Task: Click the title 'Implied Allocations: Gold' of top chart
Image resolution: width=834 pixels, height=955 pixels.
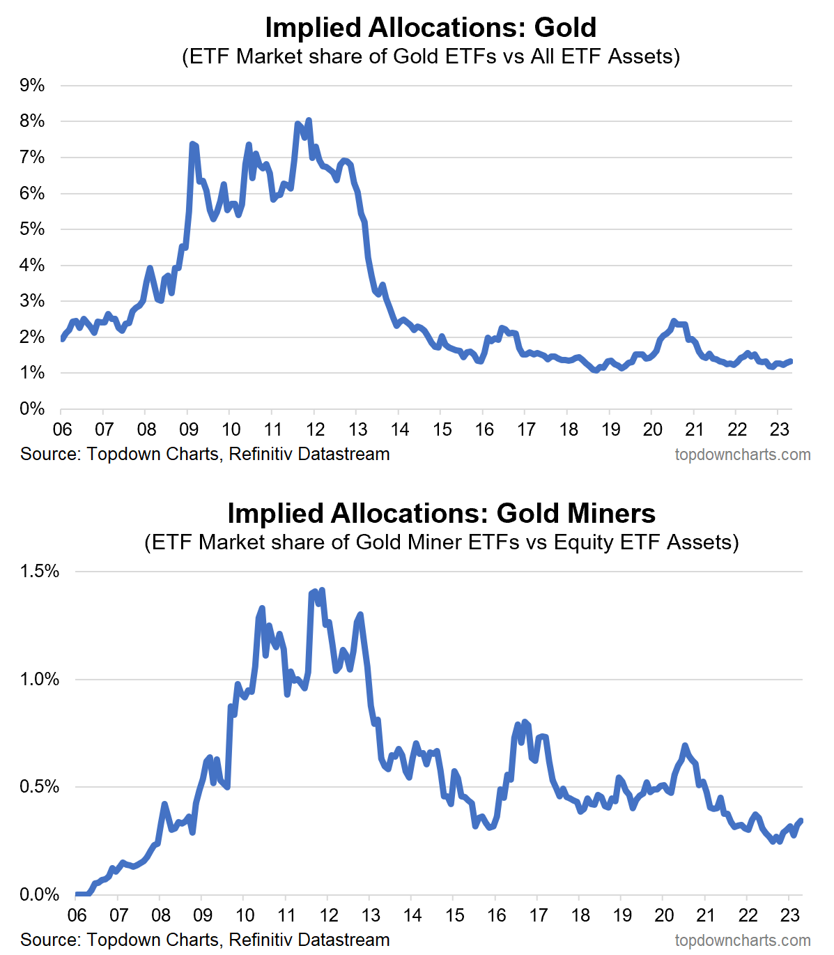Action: (431, 28)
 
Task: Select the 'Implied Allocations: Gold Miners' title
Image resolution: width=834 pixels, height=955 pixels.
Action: (441, 514)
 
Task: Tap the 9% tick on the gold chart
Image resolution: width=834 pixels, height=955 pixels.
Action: (33, 86)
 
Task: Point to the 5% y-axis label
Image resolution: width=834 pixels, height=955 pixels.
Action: (33, 229)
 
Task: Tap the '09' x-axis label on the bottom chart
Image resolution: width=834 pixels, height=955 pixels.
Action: (202, 915)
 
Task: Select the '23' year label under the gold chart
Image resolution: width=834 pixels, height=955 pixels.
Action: (779, 429)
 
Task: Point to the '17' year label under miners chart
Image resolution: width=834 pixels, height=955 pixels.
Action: (538, 915)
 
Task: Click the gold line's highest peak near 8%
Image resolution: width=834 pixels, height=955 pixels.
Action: (309, 121)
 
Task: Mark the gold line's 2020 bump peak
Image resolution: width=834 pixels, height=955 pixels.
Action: (673, 321)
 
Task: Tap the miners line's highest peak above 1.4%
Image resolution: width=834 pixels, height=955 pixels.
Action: (321, 590)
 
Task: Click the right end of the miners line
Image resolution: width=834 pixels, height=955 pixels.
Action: (801, 820)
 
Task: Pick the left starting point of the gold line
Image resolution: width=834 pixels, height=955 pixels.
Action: (62, 339)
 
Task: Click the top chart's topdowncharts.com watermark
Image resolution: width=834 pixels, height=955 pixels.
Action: (742, 455)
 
